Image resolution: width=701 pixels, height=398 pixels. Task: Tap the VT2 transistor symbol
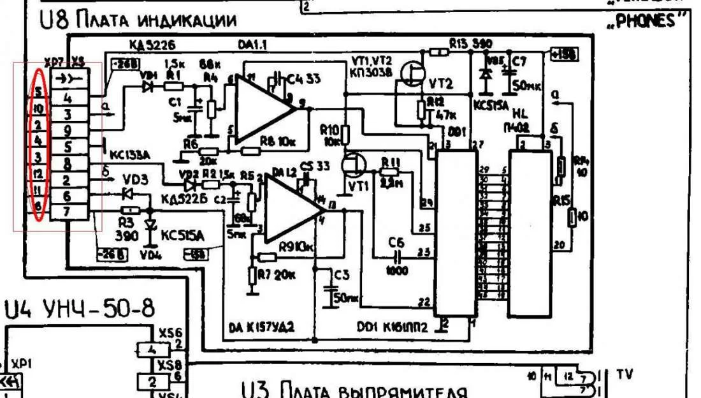point(412,77)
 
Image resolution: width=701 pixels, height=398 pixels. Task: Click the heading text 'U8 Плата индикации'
point(138,21)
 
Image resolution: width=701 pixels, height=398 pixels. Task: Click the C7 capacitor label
point(519,61)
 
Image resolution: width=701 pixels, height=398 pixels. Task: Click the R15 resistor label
point(561,200)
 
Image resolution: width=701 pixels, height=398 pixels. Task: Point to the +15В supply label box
point(565,55)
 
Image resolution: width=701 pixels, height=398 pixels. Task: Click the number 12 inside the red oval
point(38,173)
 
